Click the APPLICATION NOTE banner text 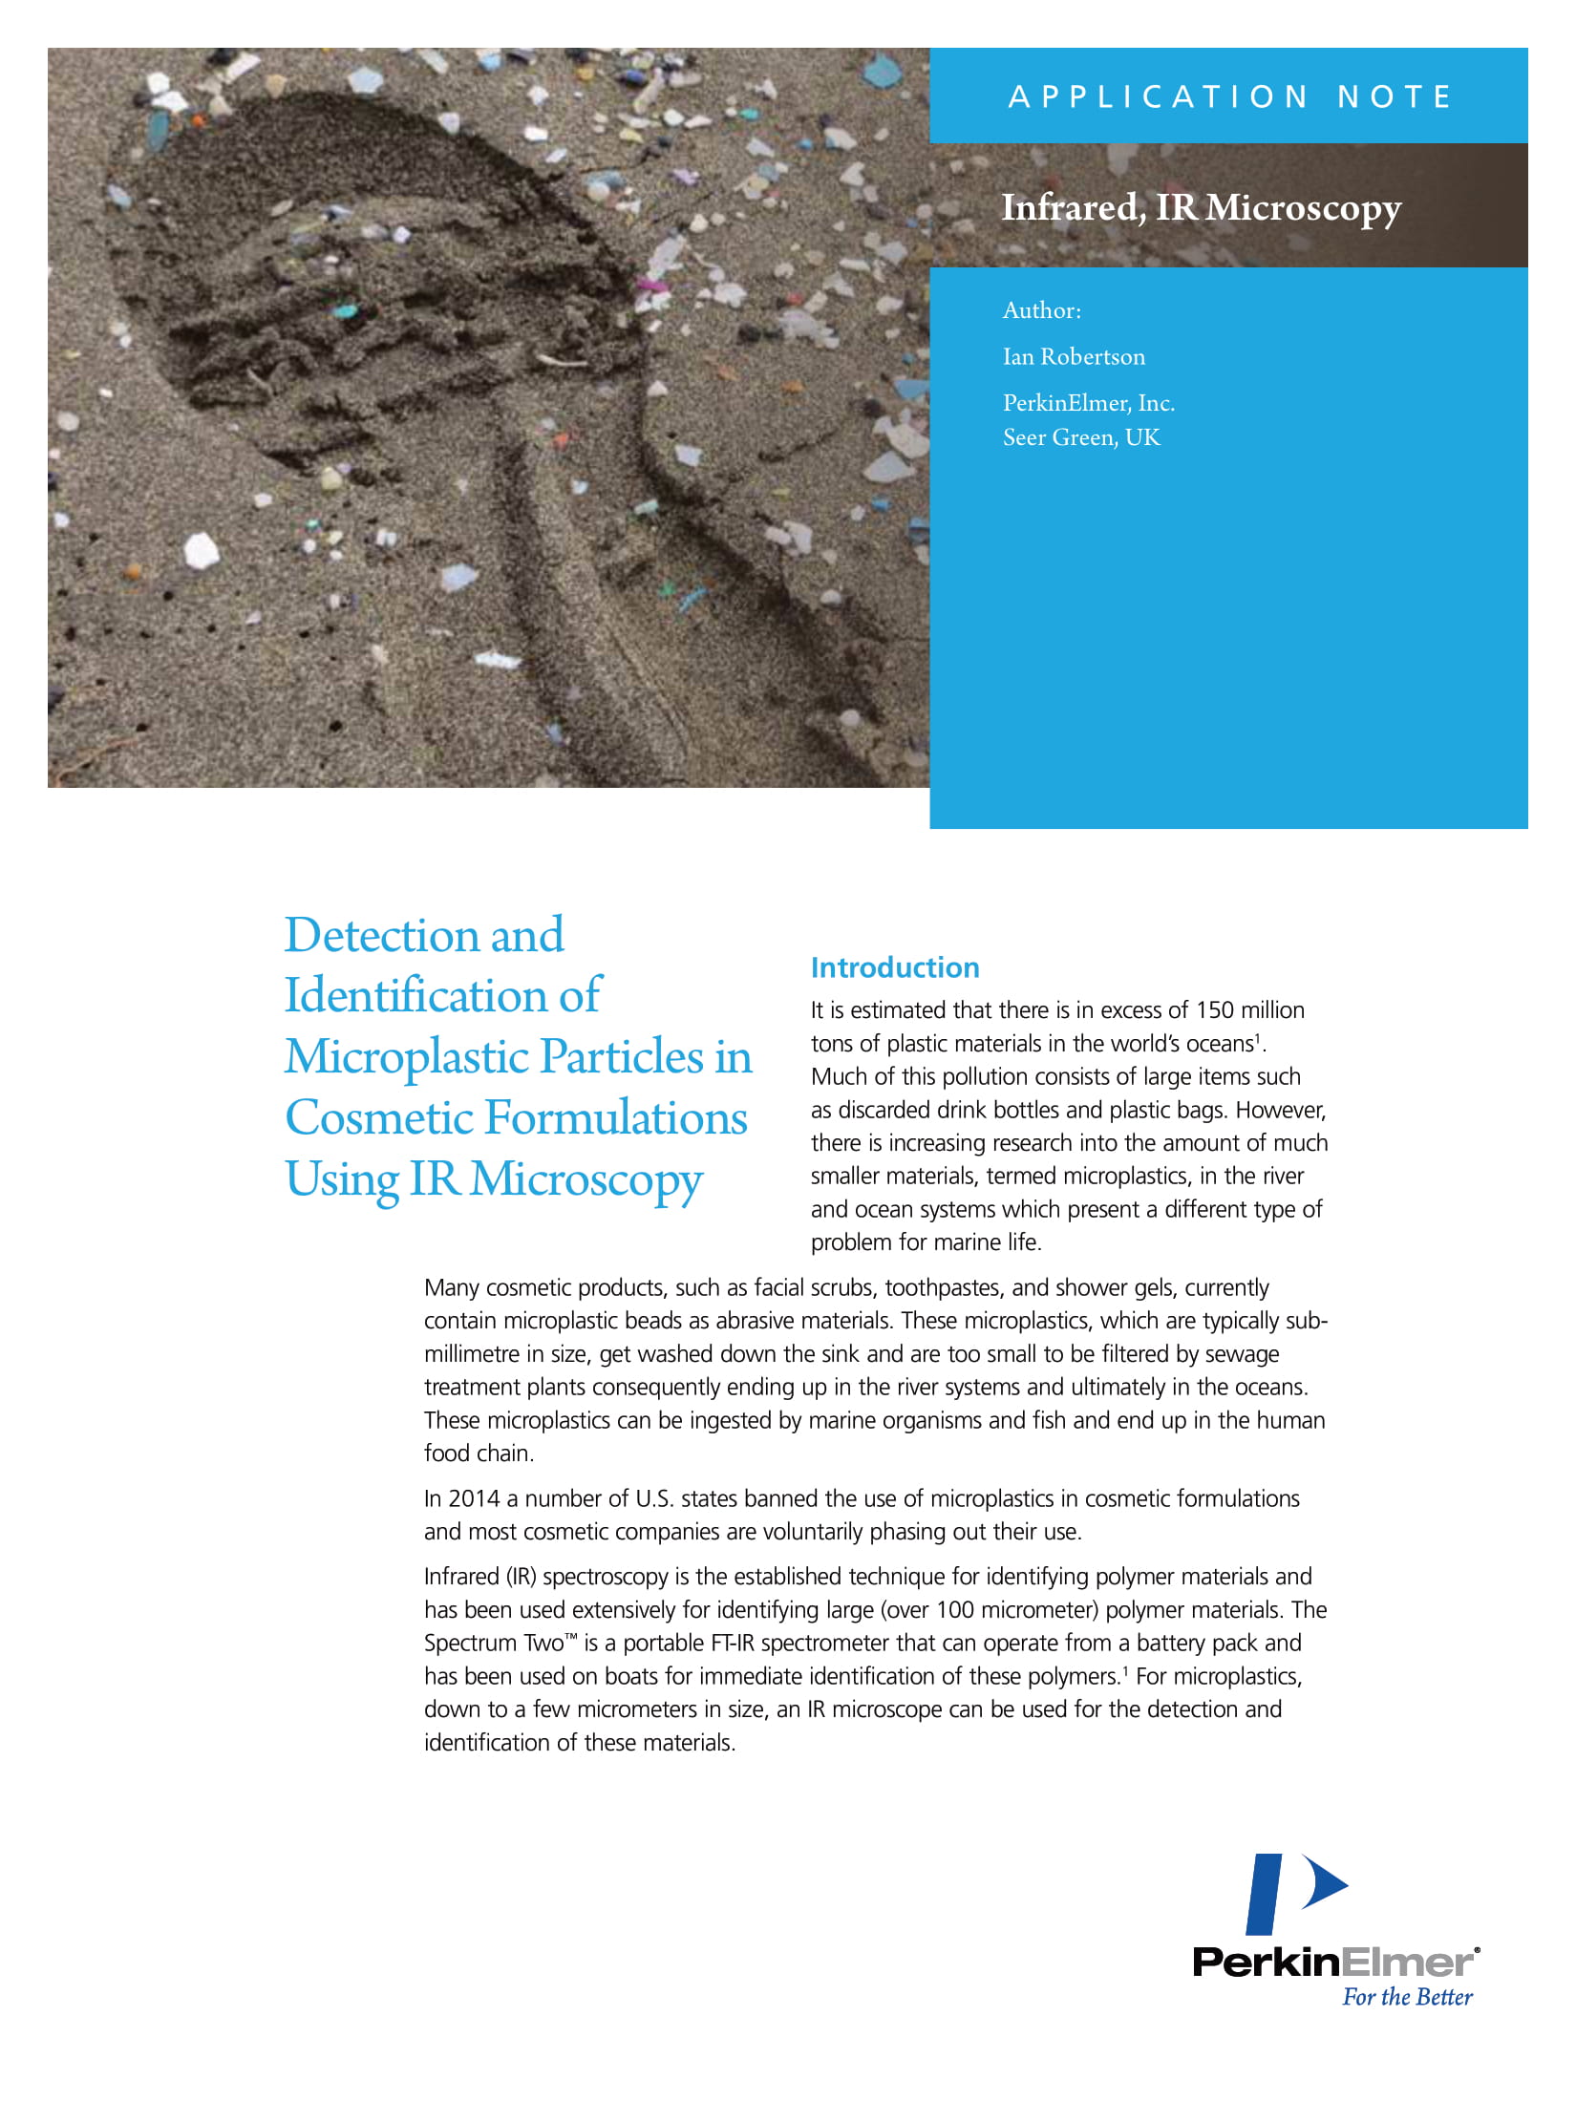tap(1230, 96)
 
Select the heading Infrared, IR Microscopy tap(1201, 207)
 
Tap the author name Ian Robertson tap(1074, 357)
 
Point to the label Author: tap(1041, 310)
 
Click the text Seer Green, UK tap(1081, 437)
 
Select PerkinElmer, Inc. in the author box tap(1088, 403)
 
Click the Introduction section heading tap(895, 967)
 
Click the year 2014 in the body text tap(474, 1498)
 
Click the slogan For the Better tap(1407, 1997)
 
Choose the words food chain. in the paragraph tap(479, 1453)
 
